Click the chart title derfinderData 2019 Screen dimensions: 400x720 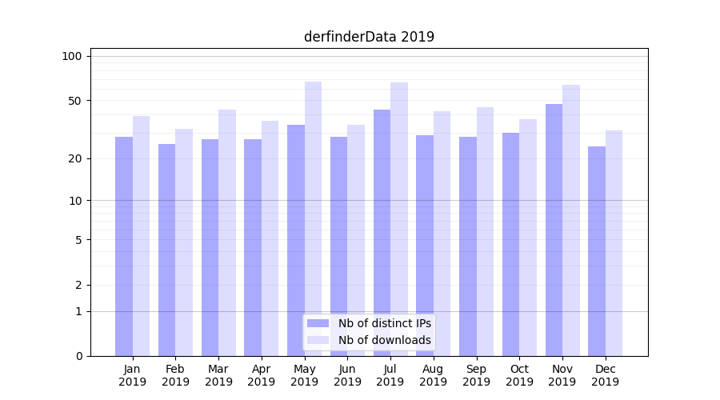(369, 37)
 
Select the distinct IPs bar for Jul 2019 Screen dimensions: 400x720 (382, 233)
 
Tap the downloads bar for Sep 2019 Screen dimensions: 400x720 (485, 231)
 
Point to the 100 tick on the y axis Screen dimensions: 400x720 (72, 56)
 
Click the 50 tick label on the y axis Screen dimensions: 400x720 (75, 101)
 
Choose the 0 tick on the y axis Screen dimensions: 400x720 (78, 356)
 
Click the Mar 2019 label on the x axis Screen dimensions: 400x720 (218, 375)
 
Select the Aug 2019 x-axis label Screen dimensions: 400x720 (433, 375)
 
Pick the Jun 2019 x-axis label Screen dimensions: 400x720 (347, 375)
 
